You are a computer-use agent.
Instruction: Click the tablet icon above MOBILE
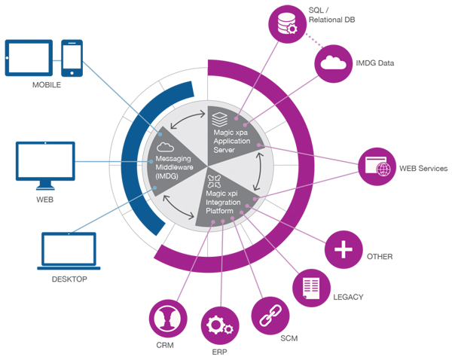pos(29,58)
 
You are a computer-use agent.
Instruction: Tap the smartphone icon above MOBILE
pos(72,58)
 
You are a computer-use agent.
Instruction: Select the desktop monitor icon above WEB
pos(45,166)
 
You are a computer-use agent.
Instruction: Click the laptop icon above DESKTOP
pos(69,251)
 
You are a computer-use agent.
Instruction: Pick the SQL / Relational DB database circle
pos(287,24)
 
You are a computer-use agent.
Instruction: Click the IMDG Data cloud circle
pos(333,63)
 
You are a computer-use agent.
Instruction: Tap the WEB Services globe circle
pos(377,166)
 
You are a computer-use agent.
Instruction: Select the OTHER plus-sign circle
pos(344,249)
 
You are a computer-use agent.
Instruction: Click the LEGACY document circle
pos(311,288)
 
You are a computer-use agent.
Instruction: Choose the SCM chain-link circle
pos(270,316)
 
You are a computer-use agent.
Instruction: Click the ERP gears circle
pos(220,325)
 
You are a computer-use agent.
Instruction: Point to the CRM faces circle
pos(168,319)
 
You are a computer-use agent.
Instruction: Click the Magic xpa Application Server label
pos(232,142)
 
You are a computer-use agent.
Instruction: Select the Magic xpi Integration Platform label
pos(223,202)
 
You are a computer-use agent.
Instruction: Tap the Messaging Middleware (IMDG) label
pos(174,167)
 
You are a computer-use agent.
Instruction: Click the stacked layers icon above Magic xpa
pos(220,119)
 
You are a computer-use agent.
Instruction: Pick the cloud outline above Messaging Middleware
pos(165,147)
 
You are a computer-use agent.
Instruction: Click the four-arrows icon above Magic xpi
pos(214,181)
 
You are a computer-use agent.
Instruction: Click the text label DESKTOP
pos(69,279)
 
